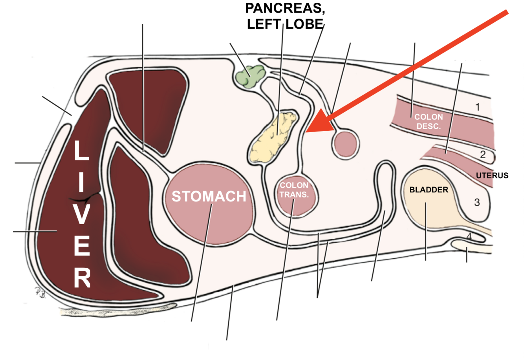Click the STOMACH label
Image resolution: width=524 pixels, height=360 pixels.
pos(209,196)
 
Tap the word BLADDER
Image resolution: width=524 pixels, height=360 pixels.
pos(429,190)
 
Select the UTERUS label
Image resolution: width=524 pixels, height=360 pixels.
pos(492,175)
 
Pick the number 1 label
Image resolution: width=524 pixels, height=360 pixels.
pos(477,107)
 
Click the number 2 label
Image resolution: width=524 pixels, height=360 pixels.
pos(483,155)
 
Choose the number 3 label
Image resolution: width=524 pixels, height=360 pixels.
pos(477,203)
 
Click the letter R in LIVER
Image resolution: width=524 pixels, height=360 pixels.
pos(82,279)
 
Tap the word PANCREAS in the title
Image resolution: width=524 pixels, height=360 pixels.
pos(285,8)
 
